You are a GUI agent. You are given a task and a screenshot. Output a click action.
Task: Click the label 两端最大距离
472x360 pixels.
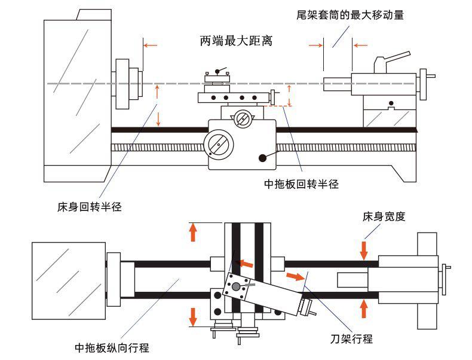tap(236, 41)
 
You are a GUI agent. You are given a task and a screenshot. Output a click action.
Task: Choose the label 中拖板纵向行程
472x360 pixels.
tap(112, 347)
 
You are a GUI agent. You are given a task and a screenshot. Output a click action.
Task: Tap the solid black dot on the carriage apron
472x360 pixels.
tap(262, 158)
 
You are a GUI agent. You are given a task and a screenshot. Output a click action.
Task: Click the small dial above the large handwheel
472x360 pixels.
tap(242, 118)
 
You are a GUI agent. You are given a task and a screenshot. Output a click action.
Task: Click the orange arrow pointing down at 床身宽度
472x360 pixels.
tap(364, 249)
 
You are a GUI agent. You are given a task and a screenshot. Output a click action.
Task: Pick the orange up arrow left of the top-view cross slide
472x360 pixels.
tap(193, 232)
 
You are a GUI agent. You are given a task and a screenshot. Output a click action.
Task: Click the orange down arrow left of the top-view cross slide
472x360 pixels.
tap(193, 317)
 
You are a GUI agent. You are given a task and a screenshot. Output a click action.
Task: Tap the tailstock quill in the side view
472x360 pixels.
tap(337, 83)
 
